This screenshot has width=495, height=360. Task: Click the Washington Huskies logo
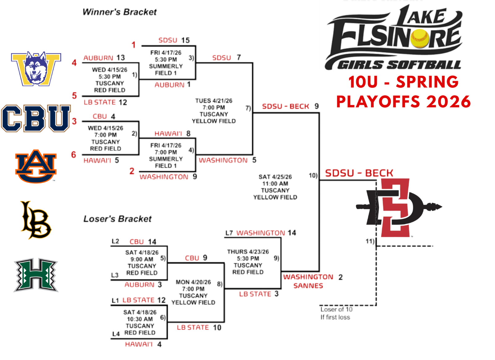click(x=36, y=69)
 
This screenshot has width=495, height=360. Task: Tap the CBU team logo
click(x=36, y=118)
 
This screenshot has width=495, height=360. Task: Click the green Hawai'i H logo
click(x=36, y=275)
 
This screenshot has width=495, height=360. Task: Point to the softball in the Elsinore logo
click(x=420, y=38)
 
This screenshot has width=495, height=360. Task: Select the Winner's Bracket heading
click(x=119, y=12)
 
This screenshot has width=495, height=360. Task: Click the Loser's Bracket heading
click(x=118, y=219)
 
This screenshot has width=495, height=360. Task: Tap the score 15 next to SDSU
click(x=185, y=40)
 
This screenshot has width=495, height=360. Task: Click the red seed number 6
click(x=74, y=155)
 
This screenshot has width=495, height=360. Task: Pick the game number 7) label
click(x=248, y=108)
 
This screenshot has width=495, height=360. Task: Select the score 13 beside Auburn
click(x=121, y=58)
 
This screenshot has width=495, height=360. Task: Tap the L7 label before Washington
click(x=229, y=233)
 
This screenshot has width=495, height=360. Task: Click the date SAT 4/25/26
click(x=275, y=177)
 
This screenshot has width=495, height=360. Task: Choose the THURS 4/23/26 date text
click(x=248, y=252)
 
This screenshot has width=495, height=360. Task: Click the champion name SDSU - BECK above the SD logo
click(x=359, y=173)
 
